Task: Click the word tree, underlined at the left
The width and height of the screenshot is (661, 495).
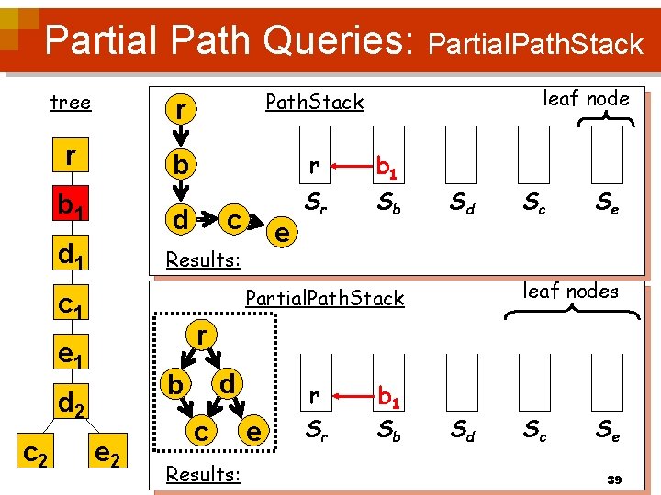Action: click(x=71, y=102)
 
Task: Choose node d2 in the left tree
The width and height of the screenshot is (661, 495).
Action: click(x=71, y=401)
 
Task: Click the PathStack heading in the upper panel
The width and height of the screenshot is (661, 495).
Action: click(x=314, y=102)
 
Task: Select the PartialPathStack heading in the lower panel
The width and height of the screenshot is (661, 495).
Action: click(x=324, y=298)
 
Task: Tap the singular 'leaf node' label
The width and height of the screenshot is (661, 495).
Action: click(x=587, y=98)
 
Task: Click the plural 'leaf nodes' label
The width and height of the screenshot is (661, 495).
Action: click(x=571, y=291)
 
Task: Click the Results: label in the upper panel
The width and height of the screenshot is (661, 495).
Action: click(x=203, y=259)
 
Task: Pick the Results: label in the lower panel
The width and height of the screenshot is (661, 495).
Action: click(x=203, y=474)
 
